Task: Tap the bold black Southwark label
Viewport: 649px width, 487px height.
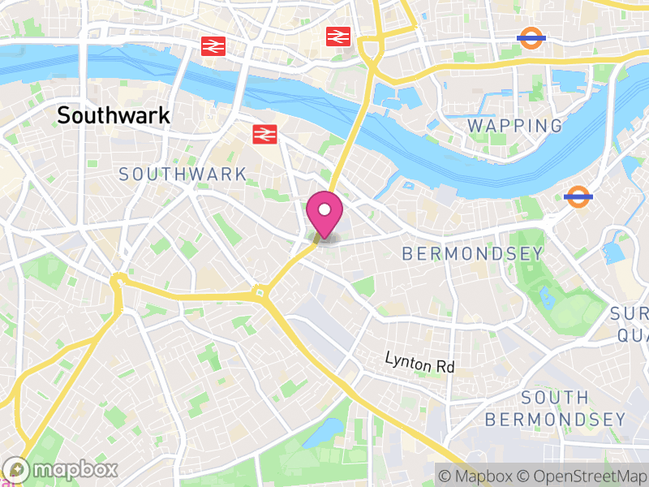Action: pyautogui.click(x=114, y=115)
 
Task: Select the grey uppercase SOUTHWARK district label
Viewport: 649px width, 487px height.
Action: pyautogui.click(x=183, y=174)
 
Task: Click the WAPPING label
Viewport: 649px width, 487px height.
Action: pyautogui.click(x=515, y=126)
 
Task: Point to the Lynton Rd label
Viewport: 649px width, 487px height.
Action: pyautogui.click(x=419, y=362)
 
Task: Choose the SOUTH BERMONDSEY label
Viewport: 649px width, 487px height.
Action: pyautogui.click(x=555, y=408)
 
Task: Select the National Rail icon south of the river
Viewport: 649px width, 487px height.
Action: pyautogui.click(x=264, y=134)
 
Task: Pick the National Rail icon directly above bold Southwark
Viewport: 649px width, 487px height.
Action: pyautogui.click(x=213, y=46)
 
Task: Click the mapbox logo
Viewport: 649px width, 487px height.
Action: pyautogui.click(x=61, y=469)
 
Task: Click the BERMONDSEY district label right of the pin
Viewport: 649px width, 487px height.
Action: pyautogui.click(x=473, y=254)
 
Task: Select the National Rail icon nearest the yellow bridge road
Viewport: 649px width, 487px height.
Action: pyautogui.click(x=337, y=36)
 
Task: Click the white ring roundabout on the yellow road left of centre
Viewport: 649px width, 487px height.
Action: pyautogui.click(x=118, y=280)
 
